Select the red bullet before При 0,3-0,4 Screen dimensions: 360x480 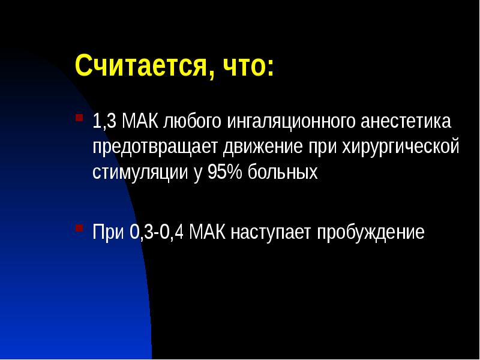coord(78,229)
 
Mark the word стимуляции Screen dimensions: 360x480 coord(136,173)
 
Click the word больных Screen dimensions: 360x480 coord(281,172)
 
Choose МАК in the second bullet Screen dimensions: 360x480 coord(206,232)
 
